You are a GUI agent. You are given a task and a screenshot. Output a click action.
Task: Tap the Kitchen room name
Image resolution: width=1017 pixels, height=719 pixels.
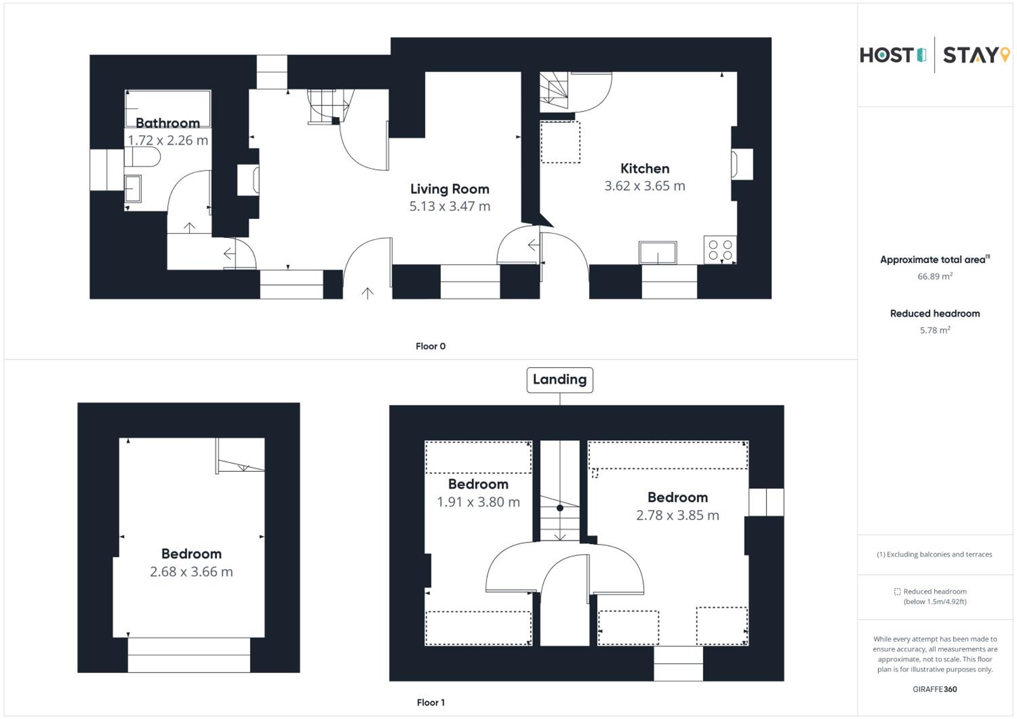tap(644, 168)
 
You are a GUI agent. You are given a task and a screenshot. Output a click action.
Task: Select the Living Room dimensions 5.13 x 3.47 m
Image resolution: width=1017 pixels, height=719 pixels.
tap(450, 206)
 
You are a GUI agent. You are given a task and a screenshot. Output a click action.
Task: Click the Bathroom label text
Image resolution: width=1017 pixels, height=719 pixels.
tap(167, 123)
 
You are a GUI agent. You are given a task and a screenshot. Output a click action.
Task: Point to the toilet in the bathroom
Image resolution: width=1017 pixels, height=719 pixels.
tap(142, 157)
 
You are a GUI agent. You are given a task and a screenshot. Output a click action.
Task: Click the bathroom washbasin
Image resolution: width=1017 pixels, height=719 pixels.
tap(133, 189)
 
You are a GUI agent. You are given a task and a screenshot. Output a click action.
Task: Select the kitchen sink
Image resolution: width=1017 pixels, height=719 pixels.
tap(657, 253)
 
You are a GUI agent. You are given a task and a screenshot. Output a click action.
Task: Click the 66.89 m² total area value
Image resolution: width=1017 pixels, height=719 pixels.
tap(935, 276)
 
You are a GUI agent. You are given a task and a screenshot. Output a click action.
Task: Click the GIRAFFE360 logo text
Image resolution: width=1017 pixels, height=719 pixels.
tap(935, 689)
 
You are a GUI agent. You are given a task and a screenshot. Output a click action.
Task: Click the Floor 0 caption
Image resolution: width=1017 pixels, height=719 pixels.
tap(431, 346)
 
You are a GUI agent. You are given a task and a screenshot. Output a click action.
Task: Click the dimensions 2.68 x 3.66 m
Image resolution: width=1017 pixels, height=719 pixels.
tap(191, 572)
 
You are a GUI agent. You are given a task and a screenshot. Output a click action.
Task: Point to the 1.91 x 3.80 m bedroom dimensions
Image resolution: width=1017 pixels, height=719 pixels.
tap(478, 502)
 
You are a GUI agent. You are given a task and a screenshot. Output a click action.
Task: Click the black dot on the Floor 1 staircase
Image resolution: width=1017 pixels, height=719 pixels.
tap(560, 508)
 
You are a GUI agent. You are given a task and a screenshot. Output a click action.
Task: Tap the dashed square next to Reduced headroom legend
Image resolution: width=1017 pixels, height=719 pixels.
tap(897, 592)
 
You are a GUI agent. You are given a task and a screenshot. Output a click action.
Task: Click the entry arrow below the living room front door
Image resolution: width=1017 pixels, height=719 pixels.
tap(367, 293)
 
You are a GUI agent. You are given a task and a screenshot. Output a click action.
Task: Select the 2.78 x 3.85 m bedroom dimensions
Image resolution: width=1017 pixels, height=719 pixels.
tap(678, 515)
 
